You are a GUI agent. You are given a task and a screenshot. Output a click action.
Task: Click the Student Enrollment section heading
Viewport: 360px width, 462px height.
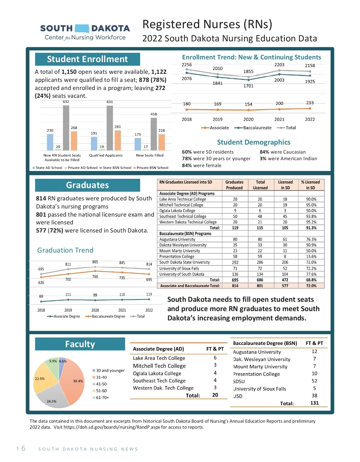coord(87,59)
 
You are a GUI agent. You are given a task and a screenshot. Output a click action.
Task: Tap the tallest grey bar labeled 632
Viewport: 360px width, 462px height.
coord(66,127)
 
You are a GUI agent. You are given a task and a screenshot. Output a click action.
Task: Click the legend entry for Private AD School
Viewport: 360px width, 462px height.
coord(81,168)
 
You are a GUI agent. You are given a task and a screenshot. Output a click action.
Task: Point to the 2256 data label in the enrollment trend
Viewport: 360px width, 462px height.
coord(187,64)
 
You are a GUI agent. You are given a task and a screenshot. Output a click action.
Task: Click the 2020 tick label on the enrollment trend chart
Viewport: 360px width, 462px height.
coord(248,119)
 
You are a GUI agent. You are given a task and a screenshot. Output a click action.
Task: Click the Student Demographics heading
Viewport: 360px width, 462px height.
coord(253,142)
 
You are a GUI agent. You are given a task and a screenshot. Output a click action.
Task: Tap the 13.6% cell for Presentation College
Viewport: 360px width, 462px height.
coord(311,256)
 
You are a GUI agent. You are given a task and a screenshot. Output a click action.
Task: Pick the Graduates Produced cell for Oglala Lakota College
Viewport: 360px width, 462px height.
coord(235,211)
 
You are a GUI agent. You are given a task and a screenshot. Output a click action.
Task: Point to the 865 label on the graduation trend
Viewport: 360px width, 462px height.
coord(95,262)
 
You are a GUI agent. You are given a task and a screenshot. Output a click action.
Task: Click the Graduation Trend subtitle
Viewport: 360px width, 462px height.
coord(65,250)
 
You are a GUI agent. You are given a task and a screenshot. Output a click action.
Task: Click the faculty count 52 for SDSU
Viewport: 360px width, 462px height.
coord(314,381)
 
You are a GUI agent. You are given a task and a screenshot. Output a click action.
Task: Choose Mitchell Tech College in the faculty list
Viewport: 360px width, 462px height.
coord(159,366)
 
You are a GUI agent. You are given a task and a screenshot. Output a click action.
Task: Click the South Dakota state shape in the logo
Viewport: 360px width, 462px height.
coord(82,28)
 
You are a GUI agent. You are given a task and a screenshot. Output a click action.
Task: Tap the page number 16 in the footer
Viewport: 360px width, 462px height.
coord(21,448)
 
